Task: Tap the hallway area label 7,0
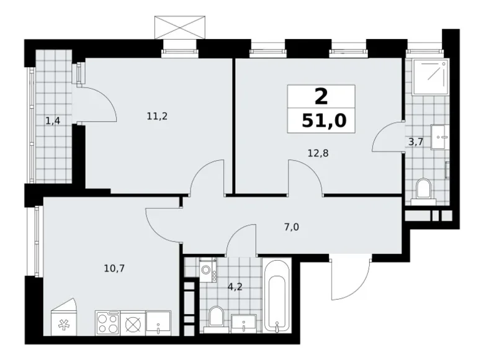coord(292,227)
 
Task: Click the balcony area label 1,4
coord(53,121)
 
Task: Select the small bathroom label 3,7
coord(415,142)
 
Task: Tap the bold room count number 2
coord(321,96)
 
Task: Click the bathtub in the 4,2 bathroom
coord(277,296)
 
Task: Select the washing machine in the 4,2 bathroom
coord(208,270)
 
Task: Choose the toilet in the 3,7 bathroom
coord(424,189)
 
